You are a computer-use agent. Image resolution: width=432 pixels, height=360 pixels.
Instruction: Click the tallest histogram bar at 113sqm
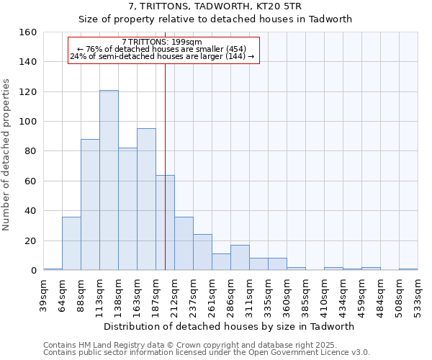pyautogui.click(x=109, y=180)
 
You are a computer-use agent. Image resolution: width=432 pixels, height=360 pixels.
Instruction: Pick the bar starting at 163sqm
pyautogui.click(x=146, y=199)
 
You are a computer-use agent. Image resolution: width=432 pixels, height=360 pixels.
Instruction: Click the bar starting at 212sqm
pyautogui.click(x=184, y=243)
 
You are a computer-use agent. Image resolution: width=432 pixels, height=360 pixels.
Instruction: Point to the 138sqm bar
pyautogui.click(x=127, y=209)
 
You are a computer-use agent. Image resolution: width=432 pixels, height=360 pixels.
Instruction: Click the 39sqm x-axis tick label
pyautogui.click(x=43, y=295)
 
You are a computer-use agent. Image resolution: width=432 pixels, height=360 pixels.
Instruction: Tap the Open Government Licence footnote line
pyautogui.click(x=207, y=352)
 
